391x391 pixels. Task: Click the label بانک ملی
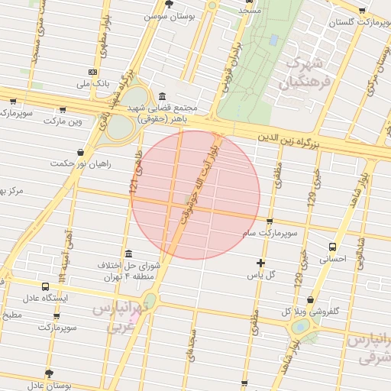coord(97,82)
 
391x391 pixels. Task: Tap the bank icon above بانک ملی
coord(93,72)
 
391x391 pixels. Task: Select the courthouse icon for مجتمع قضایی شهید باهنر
coord(163,96)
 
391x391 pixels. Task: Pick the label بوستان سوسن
coord(166,15)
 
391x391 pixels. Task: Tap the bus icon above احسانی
coord(332,247)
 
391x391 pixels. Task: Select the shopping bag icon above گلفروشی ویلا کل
coord(309,300)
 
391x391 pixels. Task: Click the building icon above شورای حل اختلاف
coord(127,254)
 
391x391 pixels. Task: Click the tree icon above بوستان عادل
coord(50,373)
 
